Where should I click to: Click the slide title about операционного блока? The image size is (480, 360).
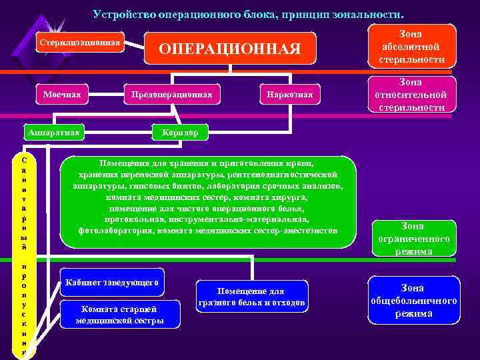tap(249, 13)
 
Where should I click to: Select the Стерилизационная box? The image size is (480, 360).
tap(81, 43)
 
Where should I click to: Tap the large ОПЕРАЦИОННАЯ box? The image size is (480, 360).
tap(230, 48)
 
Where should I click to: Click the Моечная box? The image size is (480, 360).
tap(63, 95)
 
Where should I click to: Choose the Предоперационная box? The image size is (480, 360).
tap(172, 95)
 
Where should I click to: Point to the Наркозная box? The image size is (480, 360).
tap(286, 95)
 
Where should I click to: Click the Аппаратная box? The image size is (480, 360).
tap(53, 132)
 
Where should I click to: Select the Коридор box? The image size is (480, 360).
tap(181, 132)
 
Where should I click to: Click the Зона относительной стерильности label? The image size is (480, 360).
tap(411, 94)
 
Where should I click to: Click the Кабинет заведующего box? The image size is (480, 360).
tap(111, 283)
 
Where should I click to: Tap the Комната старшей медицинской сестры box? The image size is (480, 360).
tap(120, 315)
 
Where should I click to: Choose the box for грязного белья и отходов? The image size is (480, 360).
tap(251, 297)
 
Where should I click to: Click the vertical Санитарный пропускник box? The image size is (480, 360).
tap(24, 256)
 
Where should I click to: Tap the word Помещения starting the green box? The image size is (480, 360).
tap(123, 163)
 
